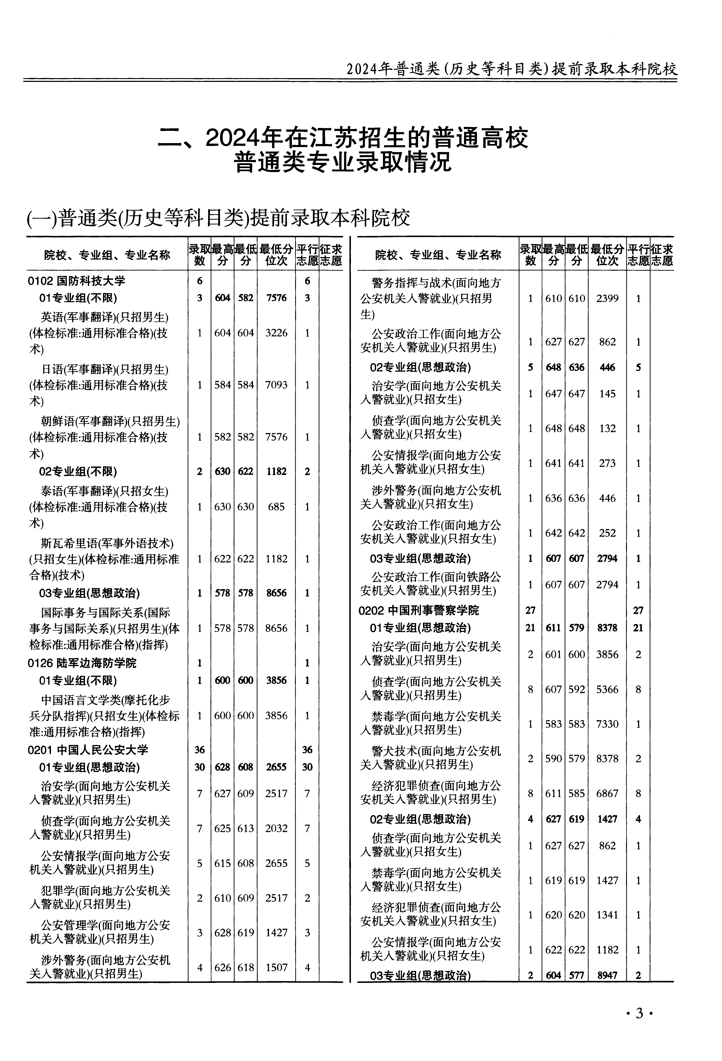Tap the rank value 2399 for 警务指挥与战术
[x=607, y=299]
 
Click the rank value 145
[x=607, y=394]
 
